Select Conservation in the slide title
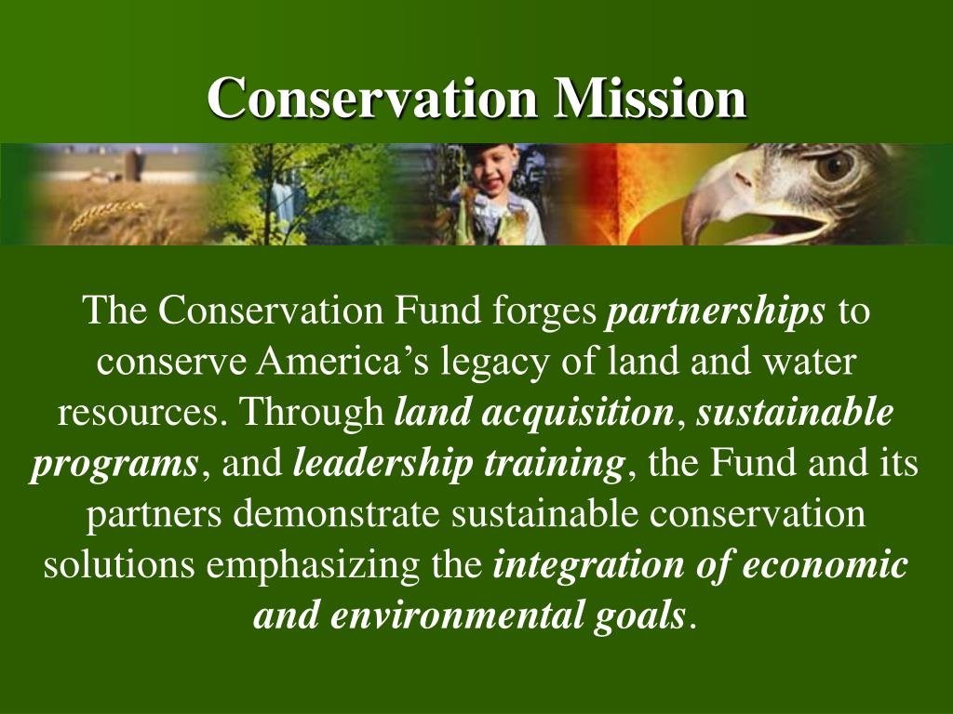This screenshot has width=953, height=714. click(x=371, y=98)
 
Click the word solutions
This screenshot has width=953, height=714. click(x=118, y=564)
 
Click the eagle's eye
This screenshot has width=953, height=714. click(x=834, y=166)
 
